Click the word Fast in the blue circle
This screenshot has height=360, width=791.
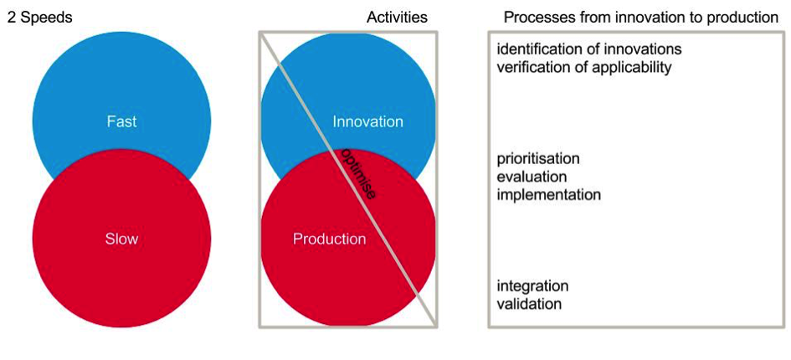click(121, 121)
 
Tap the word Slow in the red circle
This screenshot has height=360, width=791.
click(121, 239)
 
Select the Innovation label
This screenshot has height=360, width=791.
click(367, 121)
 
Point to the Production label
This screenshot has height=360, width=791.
click(330, 239)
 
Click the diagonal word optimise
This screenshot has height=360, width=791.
click(357, 173)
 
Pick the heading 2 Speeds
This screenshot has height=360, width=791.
click(40, 18)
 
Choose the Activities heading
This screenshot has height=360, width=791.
click(397, 18)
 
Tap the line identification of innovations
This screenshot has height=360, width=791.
click(589, 49)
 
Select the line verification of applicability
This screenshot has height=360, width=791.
click(584, 67)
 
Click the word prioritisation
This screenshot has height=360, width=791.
click(538, 158)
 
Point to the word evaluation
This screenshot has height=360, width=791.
click(532, 177)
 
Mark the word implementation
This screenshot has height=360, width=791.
click(549, 194)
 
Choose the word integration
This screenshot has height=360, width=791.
click(532, 286)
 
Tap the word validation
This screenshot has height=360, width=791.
click(529, 305)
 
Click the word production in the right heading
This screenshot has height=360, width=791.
click(746, 18)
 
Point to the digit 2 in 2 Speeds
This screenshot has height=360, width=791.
click(11, 18)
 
